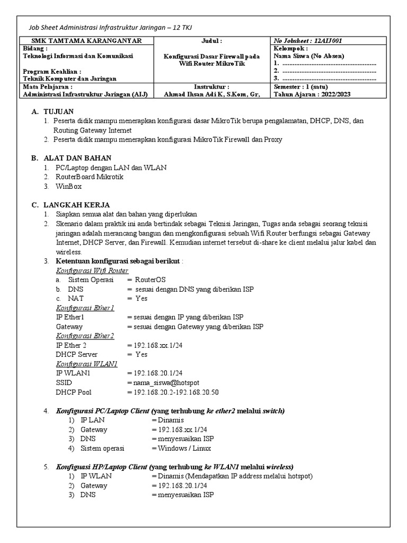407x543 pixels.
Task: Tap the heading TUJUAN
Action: point(58,111)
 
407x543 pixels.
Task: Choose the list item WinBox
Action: point(68,186)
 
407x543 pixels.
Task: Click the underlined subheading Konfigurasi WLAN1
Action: point(86,364)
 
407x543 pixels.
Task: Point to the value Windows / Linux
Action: point(184,448)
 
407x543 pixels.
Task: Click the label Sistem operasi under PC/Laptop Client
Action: point(102,448)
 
